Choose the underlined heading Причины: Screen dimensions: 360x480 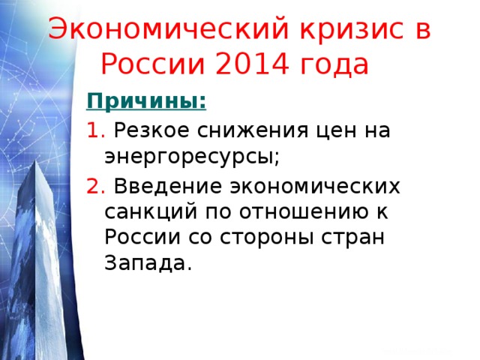147,100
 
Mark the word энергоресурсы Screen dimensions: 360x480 190,157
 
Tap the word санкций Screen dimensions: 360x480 145,211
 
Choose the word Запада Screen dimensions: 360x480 145,264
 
